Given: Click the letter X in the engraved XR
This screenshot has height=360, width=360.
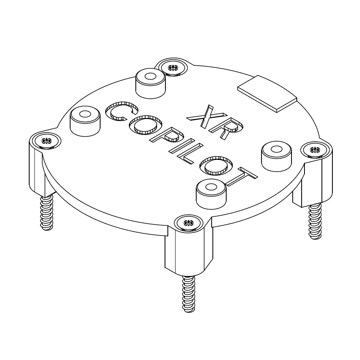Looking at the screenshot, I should tap(202, 116).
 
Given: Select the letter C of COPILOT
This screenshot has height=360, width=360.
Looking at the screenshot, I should tap(121, 111).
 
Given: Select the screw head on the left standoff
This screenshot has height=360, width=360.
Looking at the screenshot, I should tap(47, 141).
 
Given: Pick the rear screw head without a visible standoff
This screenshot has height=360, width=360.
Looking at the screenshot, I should tap(173, 67).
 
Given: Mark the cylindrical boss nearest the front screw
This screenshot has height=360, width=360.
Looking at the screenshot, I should tap(210, 193).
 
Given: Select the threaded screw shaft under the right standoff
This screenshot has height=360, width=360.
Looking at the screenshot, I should tap(315, 221).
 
